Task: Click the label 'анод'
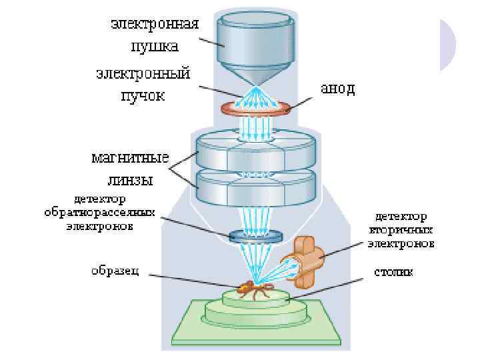338,89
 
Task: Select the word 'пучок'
141,95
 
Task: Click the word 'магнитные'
130,159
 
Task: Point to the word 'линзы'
131,180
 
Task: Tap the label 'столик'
393,271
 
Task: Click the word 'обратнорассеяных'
99,213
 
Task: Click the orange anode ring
257,108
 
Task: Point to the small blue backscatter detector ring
255,235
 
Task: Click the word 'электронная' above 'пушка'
154,25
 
